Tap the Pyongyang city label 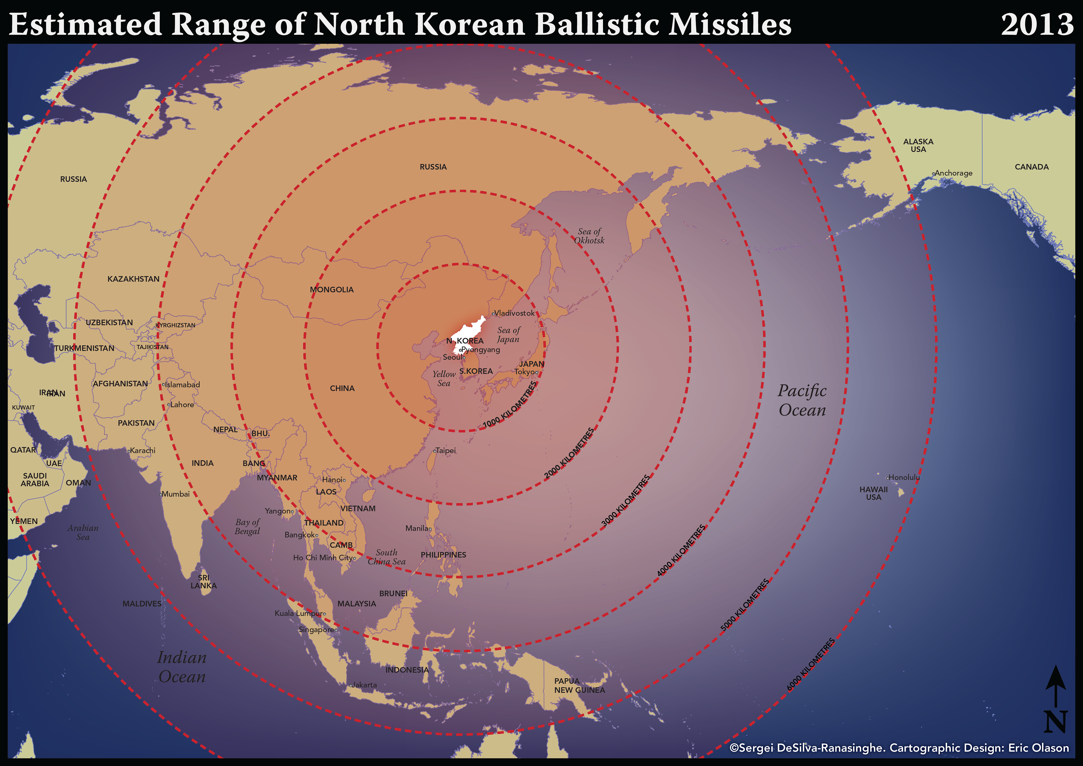tap(480, 350)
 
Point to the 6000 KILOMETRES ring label tap(810, 664)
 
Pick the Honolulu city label tap(904, 477)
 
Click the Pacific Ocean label tap(802, 400)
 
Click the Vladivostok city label tap(514, 313)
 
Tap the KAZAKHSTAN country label tap(133, 279)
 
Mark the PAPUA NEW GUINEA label tap(579, 685)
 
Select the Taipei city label tap(445, 450)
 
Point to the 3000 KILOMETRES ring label tap(626, 500)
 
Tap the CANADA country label tap(1032, 167)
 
